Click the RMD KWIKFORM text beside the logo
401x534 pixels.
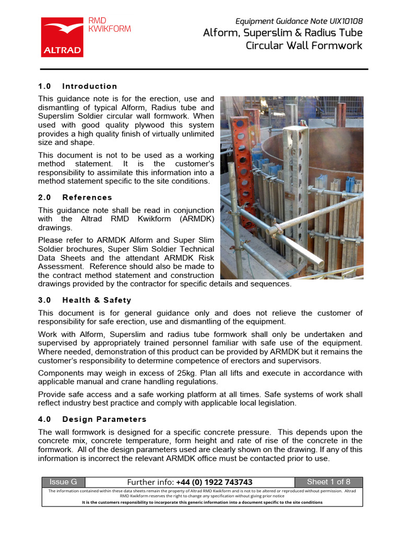click(110, 25)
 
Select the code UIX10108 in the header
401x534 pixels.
click(346, 21)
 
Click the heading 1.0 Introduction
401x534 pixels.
click(78, 86)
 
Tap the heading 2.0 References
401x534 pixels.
click(75, 197)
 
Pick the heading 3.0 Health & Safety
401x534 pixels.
click(85, 300)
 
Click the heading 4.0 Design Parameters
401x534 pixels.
click(92, 419)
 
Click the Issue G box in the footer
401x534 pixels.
click(63, 482)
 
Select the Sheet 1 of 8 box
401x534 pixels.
click(328, 482)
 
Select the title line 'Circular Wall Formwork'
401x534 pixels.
click(304, 45)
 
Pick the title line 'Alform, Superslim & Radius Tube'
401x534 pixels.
click(282, 33)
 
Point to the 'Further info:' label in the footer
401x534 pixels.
click(151, 482)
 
